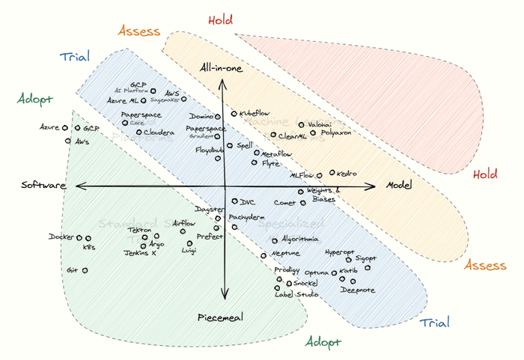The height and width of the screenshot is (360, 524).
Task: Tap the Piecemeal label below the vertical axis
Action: pyautogui.click(x=220, y=318)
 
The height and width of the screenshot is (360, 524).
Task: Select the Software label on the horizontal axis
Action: pyautogui.click(x=43, y=186)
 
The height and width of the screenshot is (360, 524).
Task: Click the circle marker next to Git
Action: pyautogui.click(x=85, y=270)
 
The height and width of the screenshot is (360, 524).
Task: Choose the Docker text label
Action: pyautogui.click(x=61, y=237)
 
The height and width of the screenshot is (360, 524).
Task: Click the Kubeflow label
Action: pyautogui.click(x=255, y=113)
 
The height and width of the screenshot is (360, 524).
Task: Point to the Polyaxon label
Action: pyautogui.click(x=335, y=133)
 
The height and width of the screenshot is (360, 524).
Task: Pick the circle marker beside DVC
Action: pyautogui.click(x=234, y=201)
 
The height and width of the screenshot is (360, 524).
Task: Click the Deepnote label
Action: pyautogui.click(x=358, y=290)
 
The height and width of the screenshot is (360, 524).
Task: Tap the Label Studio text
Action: pyautogui.click(x=297, y=294)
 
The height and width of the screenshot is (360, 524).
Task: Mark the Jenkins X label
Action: pyautogui.click(x=140, y=254)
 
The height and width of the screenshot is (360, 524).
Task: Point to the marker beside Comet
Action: pyautogui.click(x=303, y=203)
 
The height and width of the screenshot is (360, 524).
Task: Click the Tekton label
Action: pyautogui.click(x=139, y=230)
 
